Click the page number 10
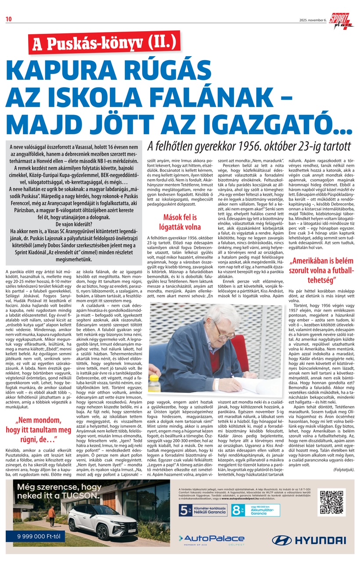point(8,18)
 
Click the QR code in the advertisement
point(333,502)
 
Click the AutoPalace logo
point(211,539)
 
